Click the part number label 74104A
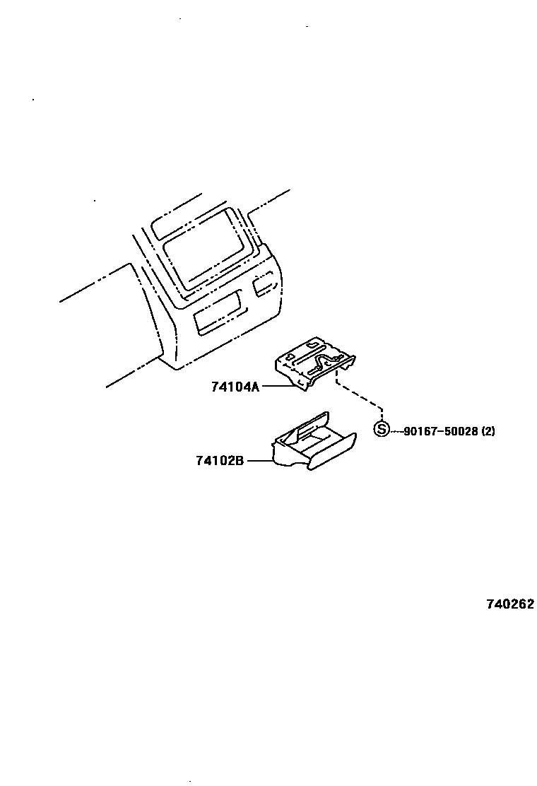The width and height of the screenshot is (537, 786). coord(235,387)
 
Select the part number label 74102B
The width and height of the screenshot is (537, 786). coord(220,461)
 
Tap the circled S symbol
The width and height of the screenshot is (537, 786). coord(382,430)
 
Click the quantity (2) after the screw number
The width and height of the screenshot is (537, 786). coord(488,430)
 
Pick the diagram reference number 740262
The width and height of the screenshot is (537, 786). coord(509,604)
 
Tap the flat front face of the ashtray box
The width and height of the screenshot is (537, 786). coord(332,452)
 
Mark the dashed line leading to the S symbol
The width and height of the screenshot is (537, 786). coord(360,396)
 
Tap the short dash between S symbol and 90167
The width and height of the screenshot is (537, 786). coord(396,430)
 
